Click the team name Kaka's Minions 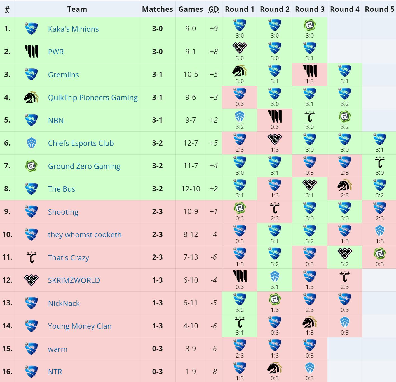coord(73,29)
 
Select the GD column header coord(214,9)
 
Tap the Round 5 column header coord(379,9)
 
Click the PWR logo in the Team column coord(31,52)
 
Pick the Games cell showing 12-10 coord(191,189)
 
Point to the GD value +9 coord(214,29)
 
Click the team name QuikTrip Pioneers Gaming coord(93,97)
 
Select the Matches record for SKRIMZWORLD coord(157,280)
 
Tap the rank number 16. coord(7,372)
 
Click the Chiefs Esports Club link coord(81,143)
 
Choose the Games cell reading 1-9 coord(191,372)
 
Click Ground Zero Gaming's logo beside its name coord(31,166)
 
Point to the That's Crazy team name coord(68,257)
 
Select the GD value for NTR coord(214,372)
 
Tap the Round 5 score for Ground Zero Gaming coord(379,172)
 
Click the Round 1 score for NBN coord(240,127)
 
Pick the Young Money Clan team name coord(79,326)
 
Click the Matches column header coord(157,9)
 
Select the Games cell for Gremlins coord(191,74)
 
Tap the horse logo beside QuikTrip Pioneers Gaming coord(31,97)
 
